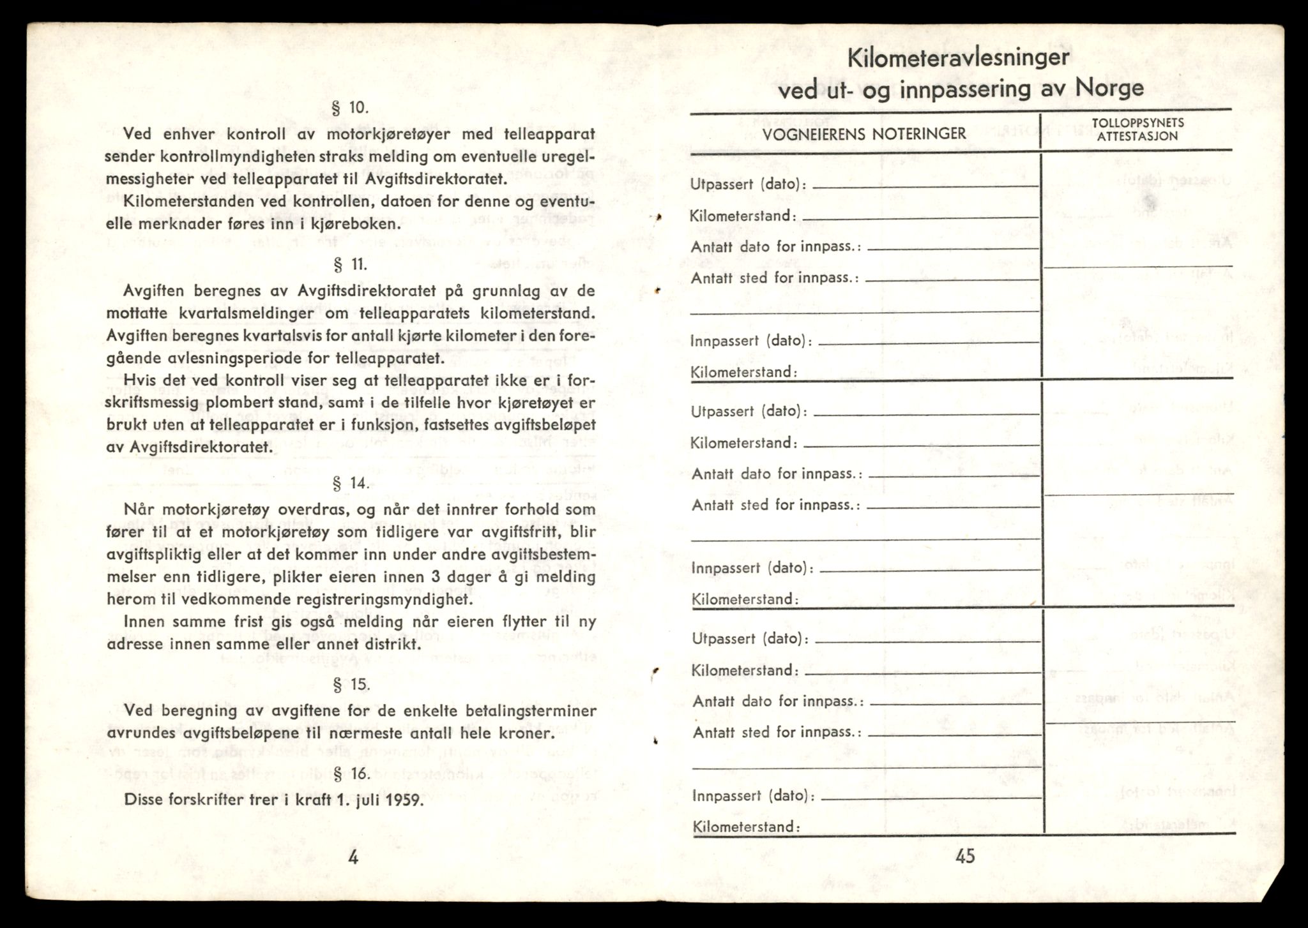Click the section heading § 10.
(x=351, y=107)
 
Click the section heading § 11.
(x=351, y=264)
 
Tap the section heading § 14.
(x=351, y=483)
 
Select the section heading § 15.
(x=351, y=685)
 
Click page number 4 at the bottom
(x=353, y=857)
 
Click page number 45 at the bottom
(x=965, y=856)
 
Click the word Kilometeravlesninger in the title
(x=958, y=58)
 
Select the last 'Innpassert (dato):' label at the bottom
(x=753, y=796)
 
